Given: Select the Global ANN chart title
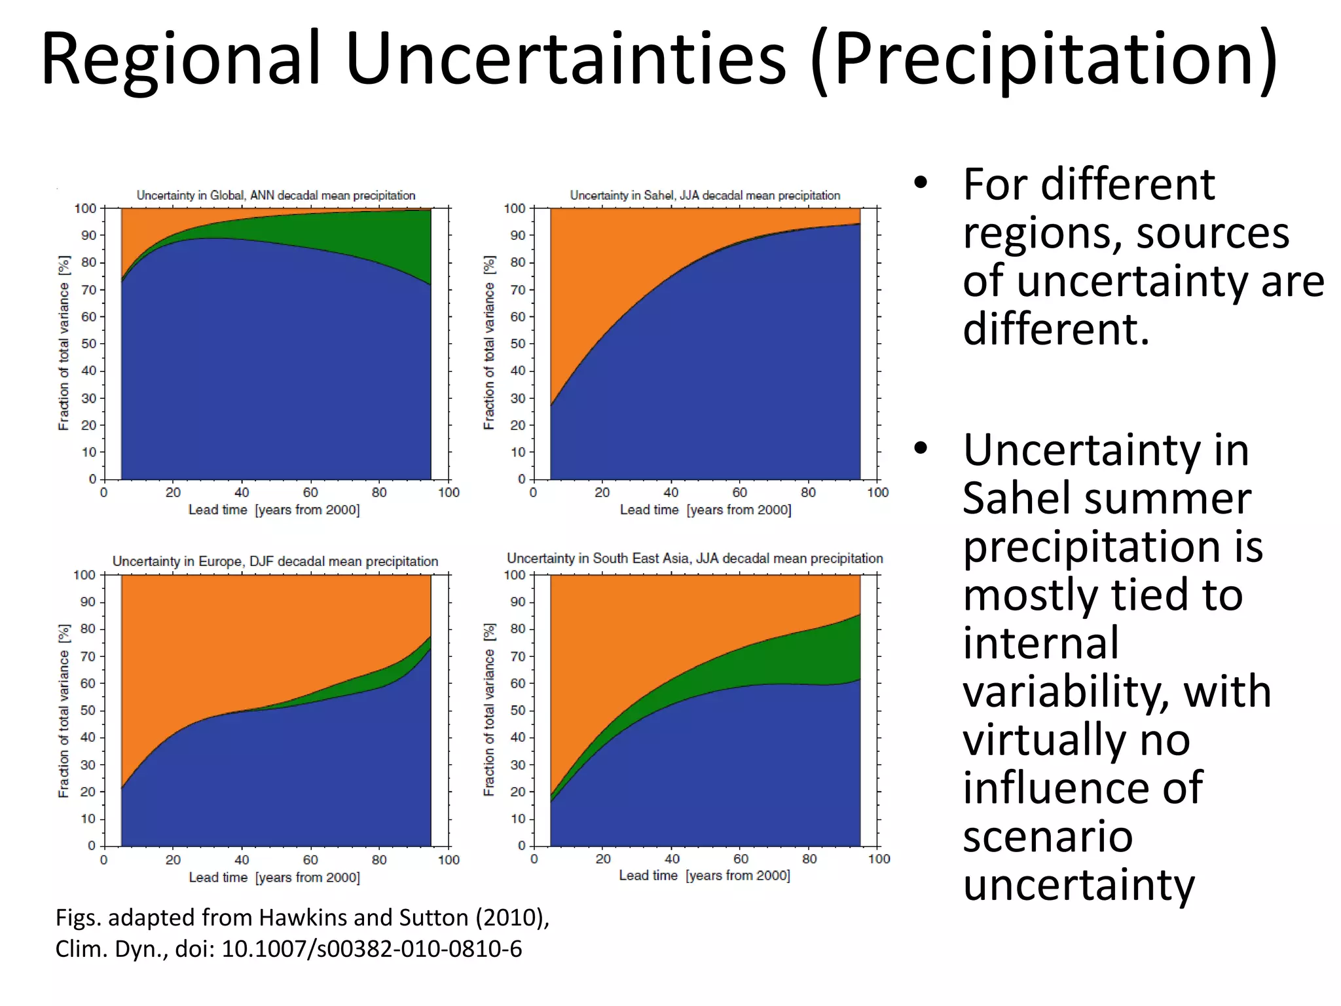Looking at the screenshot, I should click(x=276, y=195).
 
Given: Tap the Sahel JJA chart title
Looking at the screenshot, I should click(x=705, y=195).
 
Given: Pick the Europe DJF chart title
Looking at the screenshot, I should click(x=275, y=561).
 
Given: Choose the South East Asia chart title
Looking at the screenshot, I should click(x=695, y=558).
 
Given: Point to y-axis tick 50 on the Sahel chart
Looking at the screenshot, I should click(x=517, y=344).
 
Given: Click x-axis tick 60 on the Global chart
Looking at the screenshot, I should click(x=310, y=493).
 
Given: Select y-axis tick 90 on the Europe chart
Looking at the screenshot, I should click(x=88, y=602).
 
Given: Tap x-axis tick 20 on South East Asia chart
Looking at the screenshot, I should click(x=603, y=859).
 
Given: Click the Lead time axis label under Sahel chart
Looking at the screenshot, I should click(x=705, y=510).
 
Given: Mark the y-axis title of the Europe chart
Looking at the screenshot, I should click(x=64, y=711).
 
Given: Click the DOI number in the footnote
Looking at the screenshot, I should click(x=372, y=949).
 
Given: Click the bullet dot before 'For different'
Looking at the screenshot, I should click(x=921, y=184).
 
